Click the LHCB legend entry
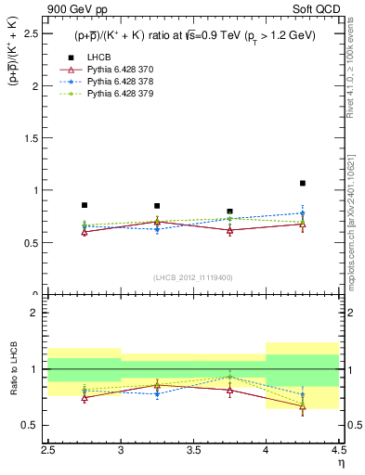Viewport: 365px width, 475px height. point(97,58)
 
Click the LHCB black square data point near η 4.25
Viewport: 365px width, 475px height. point(302,183)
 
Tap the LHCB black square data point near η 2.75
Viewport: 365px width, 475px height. point(85,205)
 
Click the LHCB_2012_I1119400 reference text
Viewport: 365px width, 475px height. point(193,277)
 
